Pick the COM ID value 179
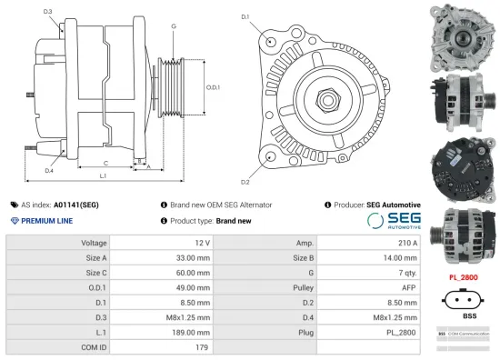[203, 345]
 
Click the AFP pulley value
[408, 287]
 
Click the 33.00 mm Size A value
[193, 258]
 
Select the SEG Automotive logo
[394, 221]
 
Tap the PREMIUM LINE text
[46, 221]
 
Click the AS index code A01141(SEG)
[75, 205]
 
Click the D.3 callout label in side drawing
[47, 12]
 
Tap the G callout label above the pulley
[173, 25]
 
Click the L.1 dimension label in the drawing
[103, 175]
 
